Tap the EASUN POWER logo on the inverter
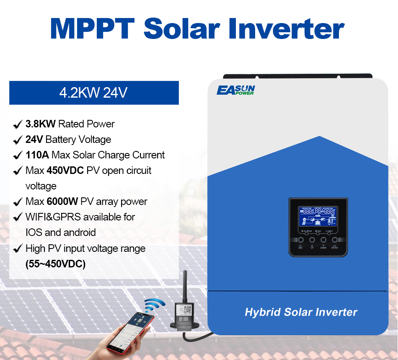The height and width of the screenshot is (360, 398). pos(235,90)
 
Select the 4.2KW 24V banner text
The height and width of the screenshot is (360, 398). pos(93,93)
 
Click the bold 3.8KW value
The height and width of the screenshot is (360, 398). pos(40,124)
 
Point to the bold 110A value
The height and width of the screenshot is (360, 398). pos(37,155)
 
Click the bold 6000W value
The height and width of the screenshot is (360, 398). pos(62,202)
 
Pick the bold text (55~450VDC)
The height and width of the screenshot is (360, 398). pos(55,264)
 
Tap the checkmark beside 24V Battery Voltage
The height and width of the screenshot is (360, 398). pos(18,140)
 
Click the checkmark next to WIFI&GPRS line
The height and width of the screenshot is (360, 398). pos(18,217)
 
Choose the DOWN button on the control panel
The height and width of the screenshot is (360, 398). pos(323,241)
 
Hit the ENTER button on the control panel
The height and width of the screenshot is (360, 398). pos(335,241)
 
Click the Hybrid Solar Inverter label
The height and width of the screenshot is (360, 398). pos(301,312)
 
